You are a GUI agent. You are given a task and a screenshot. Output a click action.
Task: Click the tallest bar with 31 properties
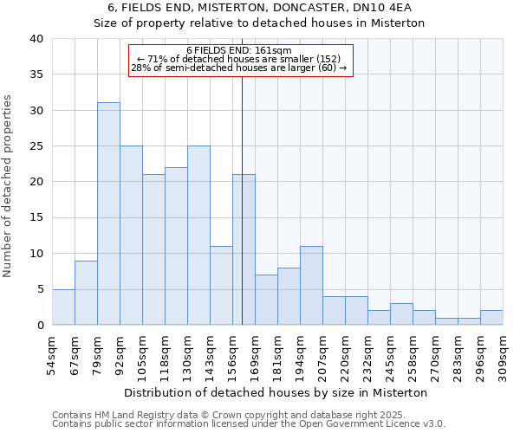[108, 214]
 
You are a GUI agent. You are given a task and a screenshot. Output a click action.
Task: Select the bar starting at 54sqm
[63, 307]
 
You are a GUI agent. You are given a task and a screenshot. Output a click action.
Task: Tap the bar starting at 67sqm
[86, 293]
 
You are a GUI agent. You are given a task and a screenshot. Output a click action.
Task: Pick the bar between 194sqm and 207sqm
[311, 286]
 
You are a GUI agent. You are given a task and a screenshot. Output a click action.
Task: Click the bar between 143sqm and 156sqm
[221, 286]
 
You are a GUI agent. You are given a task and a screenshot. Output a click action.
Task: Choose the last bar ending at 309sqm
[491, 318]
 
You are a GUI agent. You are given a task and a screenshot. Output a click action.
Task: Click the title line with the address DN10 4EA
[259, 8]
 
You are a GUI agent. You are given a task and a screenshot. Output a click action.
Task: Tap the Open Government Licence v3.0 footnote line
[248, 423]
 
